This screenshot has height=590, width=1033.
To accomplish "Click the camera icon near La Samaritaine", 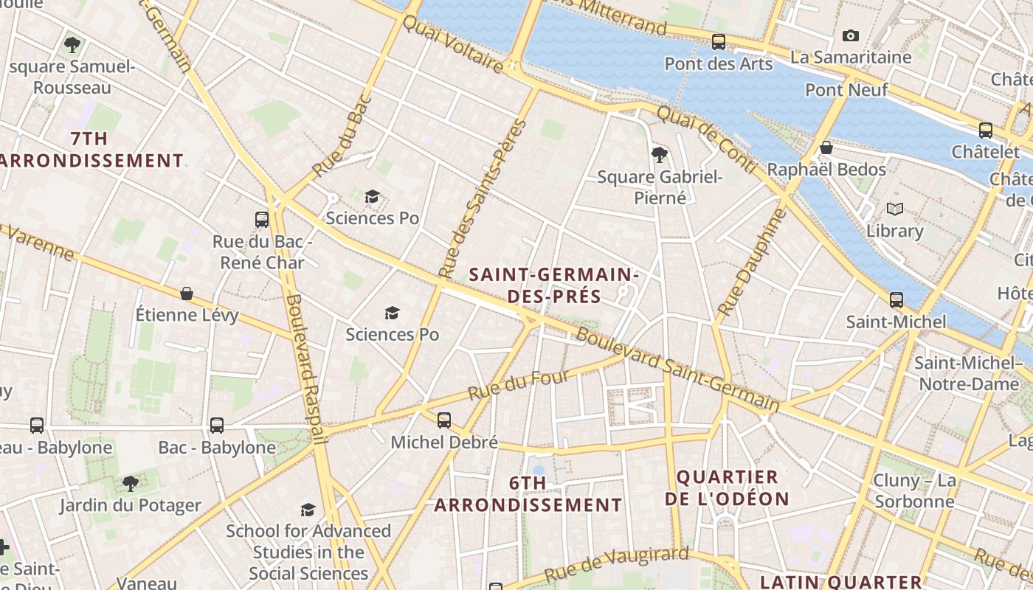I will (851, 35).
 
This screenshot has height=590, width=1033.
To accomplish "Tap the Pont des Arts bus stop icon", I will (718, 42).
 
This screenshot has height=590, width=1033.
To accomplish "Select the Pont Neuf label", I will (846, 90).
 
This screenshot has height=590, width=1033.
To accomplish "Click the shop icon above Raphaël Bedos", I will (826, 147).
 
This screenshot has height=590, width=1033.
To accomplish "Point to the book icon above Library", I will (895, 209).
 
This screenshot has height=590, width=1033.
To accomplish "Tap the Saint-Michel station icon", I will (896, 300).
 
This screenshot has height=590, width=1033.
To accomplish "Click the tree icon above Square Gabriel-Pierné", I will (659, 154).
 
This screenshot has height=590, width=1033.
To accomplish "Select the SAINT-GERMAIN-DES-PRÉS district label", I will (553, 285).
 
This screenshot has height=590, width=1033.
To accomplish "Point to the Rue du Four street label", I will (519, 386).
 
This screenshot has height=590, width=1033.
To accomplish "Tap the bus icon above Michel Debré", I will (443, 420).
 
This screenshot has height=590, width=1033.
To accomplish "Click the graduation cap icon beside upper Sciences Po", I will (373, 196).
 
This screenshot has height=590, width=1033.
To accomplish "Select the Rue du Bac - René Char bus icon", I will (262, 219).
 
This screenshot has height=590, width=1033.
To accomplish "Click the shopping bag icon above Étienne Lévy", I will (187, 294).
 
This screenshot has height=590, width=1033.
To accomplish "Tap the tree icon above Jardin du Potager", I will (131, 484).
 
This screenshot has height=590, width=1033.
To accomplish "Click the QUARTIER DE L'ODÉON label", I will (728, 487).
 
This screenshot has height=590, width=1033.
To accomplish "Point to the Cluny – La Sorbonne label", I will (914, 491).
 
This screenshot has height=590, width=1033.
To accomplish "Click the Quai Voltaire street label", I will (453, 44).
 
